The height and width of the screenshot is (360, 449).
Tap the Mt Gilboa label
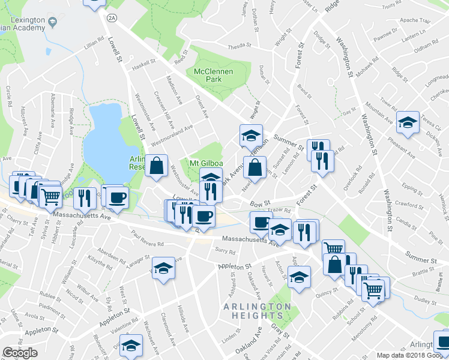tap(202, 164)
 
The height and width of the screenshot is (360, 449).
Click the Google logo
tap(20, 353)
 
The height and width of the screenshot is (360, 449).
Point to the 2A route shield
tap(112, 19)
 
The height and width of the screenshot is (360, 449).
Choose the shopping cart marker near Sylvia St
tap(51, 196)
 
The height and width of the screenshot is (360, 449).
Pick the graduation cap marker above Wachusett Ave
tap(130, 346)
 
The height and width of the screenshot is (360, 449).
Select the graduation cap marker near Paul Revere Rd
tap(163, 268)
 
